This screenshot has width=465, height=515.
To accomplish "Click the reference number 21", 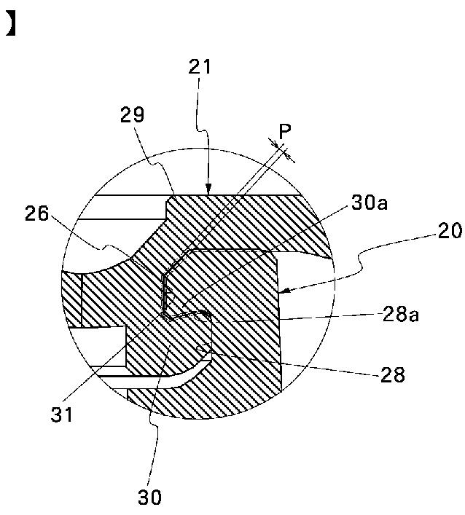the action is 200,68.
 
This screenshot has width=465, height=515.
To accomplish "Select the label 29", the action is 133,115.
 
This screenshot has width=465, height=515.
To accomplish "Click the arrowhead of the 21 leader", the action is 208,191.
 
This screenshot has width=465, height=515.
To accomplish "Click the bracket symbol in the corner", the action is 10,26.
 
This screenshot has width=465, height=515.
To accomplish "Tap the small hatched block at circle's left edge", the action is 72,299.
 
